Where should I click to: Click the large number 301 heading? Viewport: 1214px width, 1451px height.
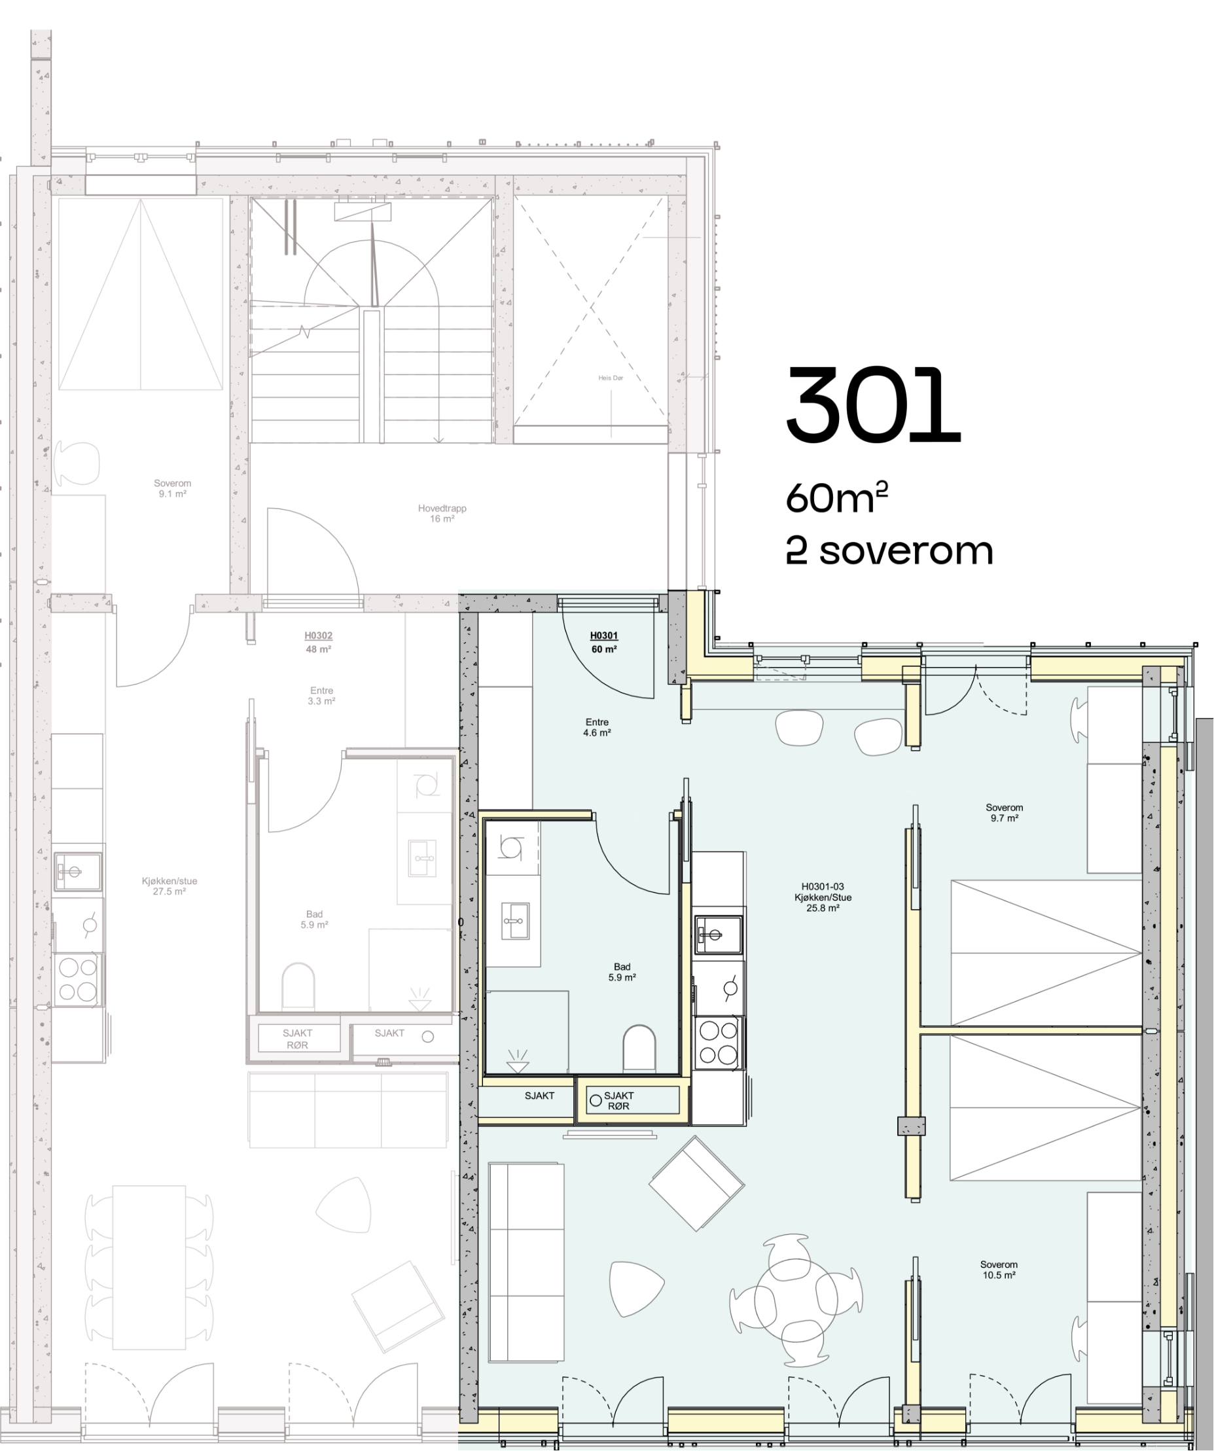point(874,406)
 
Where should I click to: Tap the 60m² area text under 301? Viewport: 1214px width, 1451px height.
point(836,497)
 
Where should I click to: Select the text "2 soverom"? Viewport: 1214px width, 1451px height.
point(889,551)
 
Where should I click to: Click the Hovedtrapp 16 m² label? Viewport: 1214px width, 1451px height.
point(442,513)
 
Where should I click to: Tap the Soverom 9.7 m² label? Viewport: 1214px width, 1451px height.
point(1004,813)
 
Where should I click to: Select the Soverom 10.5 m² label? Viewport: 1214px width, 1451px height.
point(999,1269)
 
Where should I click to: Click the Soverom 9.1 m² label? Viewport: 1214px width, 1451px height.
point(172,488)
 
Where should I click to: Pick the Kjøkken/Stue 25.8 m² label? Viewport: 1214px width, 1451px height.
point(822,897)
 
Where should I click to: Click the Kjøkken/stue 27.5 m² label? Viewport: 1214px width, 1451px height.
point(170,886)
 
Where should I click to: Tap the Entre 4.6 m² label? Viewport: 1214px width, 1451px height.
point(597,727)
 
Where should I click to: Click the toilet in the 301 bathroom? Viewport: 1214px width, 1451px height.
point(639,1047)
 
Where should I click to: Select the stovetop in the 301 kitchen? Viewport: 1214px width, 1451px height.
point(718,1043)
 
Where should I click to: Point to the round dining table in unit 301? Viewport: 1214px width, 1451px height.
point(796,1300)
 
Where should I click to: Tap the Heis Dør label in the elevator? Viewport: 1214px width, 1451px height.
point(611,378)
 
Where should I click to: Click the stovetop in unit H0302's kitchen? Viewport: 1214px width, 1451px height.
point(77,980)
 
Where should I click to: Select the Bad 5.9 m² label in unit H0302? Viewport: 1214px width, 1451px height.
point(314,919)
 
